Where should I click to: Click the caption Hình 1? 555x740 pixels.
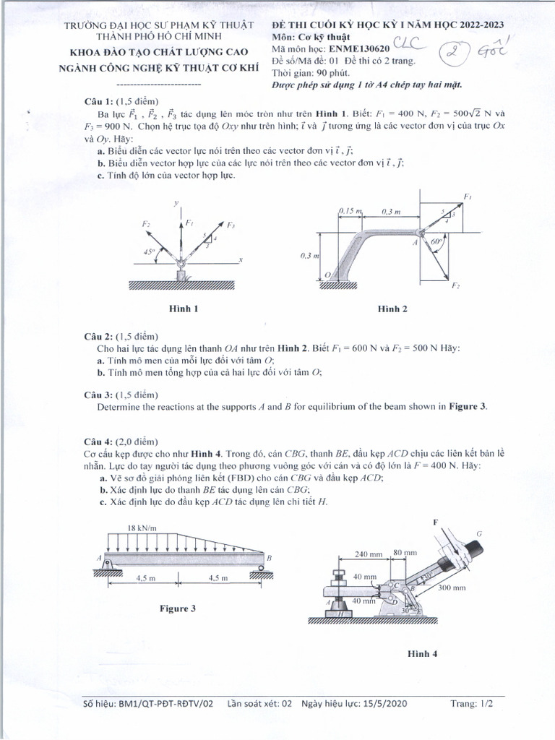click(x=183, y=309)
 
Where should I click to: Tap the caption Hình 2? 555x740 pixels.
click(x=392, y=309)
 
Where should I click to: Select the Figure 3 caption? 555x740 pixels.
click(x=178, y=608)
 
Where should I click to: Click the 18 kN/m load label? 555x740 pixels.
click(x=142, y=528)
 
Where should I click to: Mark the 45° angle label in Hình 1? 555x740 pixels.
click(x=149, y=252)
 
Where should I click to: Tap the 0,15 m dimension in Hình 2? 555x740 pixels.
click(x=350, y=211)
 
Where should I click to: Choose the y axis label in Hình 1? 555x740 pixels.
click(x=176, y=205)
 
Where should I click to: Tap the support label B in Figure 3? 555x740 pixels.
click(x=269, y=557)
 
